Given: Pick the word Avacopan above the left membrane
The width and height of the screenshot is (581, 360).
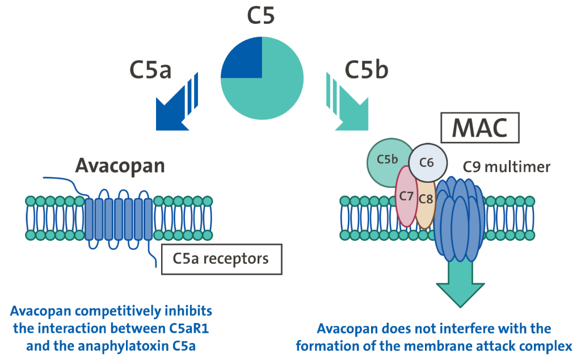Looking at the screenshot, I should pos(120,166).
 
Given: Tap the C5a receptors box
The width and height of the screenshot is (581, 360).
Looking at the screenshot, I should pos(221,259).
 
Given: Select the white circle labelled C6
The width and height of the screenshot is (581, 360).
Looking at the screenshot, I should pos(428,161).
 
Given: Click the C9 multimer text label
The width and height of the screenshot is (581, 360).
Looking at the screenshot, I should pos(506,167).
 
